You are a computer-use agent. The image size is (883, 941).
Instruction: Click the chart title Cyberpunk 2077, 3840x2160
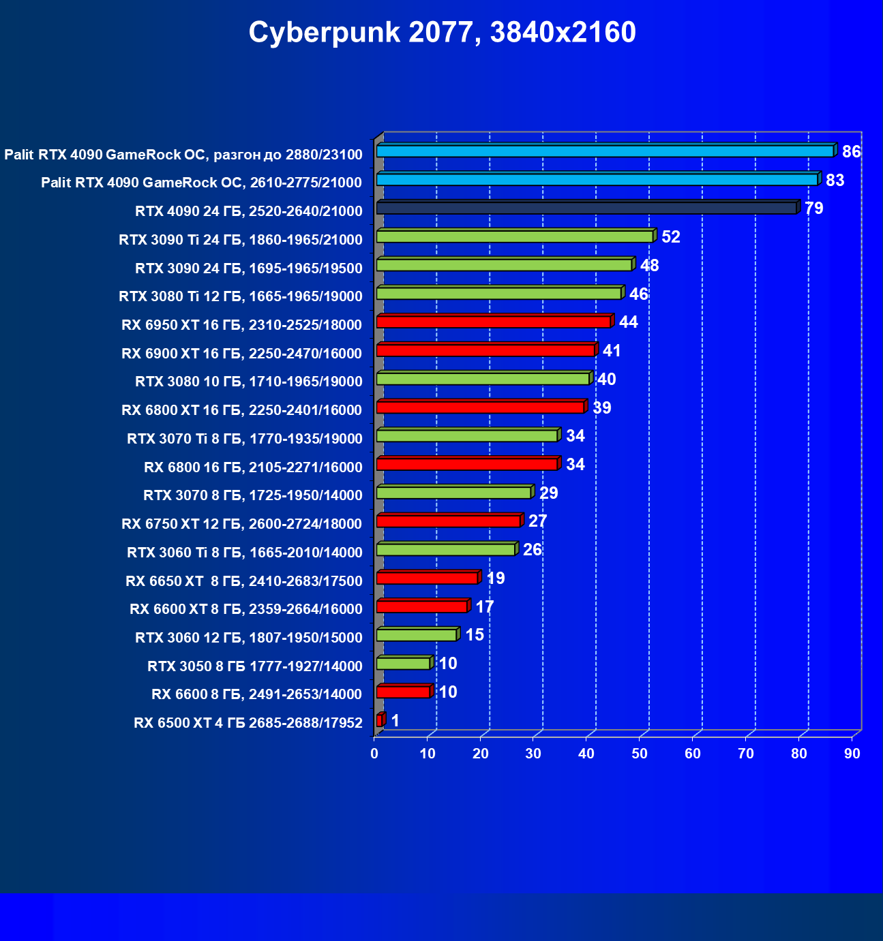442,33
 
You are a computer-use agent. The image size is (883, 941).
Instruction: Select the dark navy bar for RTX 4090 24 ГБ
586,208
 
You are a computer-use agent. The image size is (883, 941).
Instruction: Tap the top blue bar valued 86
605,151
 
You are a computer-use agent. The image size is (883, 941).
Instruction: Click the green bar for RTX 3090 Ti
515,236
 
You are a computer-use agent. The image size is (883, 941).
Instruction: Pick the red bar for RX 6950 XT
494,322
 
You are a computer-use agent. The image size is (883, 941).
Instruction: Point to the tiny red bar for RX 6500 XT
380,720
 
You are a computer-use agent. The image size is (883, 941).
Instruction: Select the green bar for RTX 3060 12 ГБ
417,635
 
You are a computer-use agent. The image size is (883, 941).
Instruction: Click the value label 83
835,181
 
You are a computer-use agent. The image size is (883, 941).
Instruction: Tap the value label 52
671,237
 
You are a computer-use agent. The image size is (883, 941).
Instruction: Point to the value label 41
612,351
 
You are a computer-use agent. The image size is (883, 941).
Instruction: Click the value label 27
537,521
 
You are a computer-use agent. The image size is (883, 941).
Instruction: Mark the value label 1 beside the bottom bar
395,721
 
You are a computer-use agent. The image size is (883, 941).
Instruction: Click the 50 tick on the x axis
640,754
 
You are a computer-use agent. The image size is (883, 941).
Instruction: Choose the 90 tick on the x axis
852,754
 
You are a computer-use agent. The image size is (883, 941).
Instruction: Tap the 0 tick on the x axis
374,754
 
